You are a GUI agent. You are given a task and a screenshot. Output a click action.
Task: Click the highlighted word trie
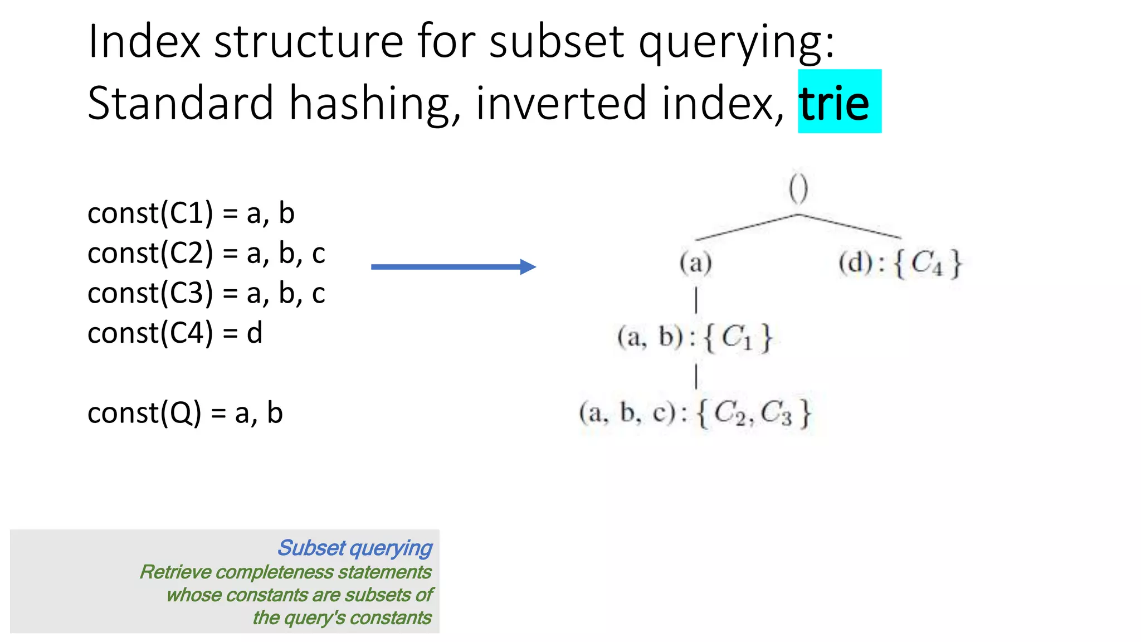click(834, 103)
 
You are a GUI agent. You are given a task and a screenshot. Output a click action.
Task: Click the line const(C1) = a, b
click(191, 213)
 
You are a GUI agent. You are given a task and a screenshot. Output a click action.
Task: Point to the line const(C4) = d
click(174, 333)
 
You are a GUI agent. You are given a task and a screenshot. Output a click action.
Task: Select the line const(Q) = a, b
click(185, 413)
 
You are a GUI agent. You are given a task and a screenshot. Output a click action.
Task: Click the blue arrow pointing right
click(453, 267)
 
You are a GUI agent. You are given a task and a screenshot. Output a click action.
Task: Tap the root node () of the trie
click(798, 189)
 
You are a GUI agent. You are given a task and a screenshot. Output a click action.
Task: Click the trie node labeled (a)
click(696, 262)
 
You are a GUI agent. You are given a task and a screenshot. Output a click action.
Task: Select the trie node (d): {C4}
click(900, 263)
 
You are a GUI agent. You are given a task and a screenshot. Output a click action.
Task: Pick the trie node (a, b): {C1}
click(695, 338)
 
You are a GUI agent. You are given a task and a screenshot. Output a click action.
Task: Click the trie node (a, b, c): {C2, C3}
click(695, 414)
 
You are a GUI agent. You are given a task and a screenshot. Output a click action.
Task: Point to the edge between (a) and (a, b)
click(696, 300)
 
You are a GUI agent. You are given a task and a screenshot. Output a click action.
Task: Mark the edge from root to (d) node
click(850, 226)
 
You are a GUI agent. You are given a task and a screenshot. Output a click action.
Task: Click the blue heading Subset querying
click(355, 548)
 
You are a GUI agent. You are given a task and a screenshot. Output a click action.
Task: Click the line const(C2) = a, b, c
click(206, 254)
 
